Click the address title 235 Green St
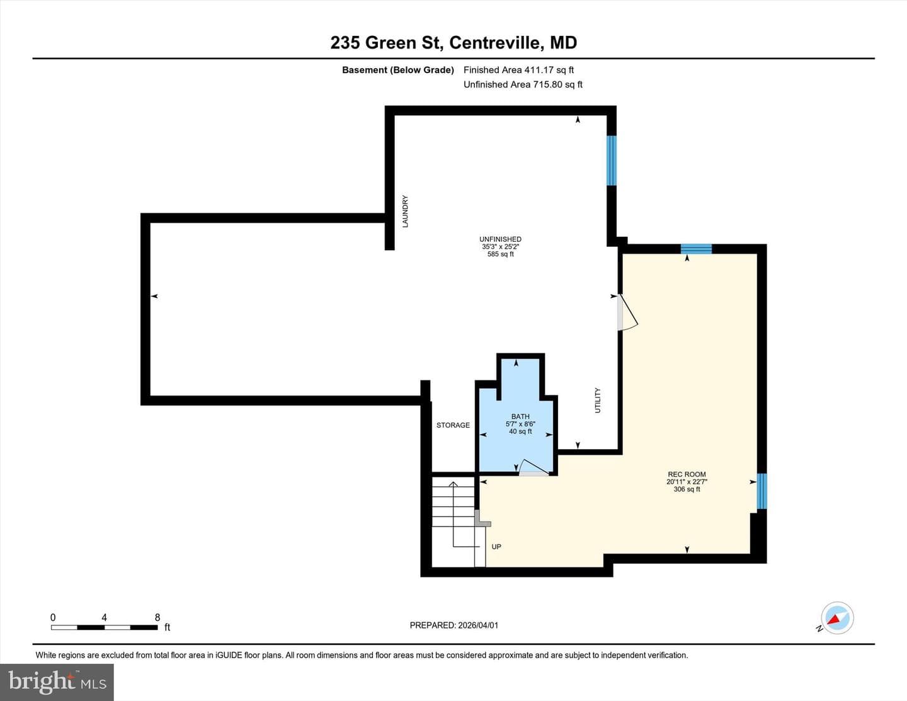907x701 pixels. coord(453,43)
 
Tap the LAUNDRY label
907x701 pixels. coord(405,211)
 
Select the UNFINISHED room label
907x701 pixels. coord(500,239)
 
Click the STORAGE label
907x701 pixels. coord(453,425)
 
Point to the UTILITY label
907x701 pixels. coord(597,400)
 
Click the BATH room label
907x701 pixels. coord(520,416)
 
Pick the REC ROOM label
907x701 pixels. coord(687,474)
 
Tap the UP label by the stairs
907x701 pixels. coord(496,547)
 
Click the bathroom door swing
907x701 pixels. coord(534,468)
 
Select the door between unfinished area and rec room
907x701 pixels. coord(627,312)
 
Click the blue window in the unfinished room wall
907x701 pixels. coord(611,160)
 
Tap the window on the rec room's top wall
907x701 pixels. coord(696,249)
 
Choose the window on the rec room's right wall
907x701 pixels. coord(762,491)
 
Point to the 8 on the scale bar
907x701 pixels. coord(157,617)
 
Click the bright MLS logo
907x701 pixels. coord(57,683)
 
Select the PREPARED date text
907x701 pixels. coord(453,625)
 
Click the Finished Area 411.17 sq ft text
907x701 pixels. coord(518,70)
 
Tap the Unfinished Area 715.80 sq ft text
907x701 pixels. coord(523,84)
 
